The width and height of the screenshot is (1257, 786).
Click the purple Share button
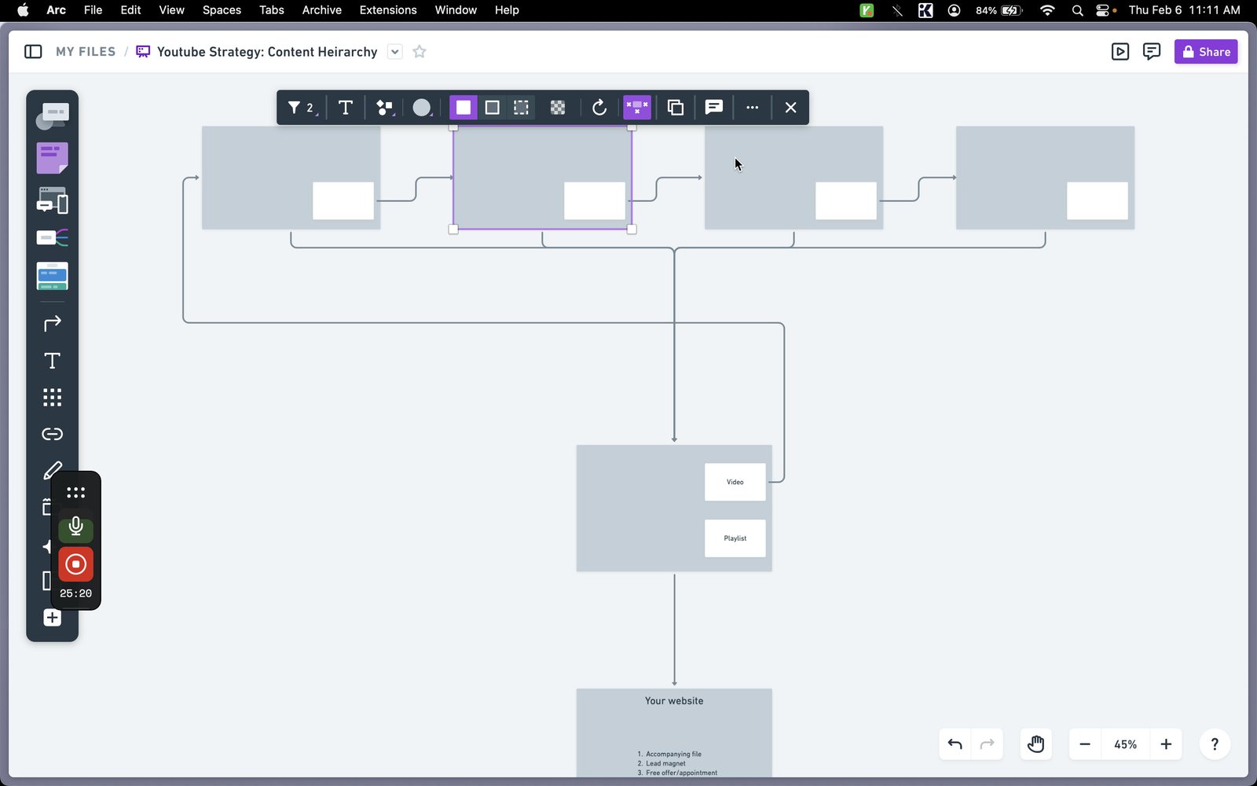[1205, 52]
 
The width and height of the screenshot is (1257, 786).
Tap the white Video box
[735, 482]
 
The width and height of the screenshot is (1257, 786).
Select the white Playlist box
[735, 538]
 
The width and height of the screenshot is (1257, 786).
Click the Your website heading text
[673, 700]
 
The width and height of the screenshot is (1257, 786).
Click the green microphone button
[75, 527]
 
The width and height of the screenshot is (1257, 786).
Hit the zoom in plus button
[1166, 744]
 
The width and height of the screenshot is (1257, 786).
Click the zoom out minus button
[1085, 744]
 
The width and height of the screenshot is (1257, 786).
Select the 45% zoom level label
[1125, 744]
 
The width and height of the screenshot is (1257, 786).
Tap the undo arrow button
[955, 744]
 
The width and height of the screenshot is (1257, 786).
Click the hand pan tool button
[1035, 744]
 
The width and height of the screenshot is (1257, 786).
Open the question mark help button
[1215, 744]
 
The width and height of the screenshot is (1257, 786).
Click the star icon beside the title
[420, 52]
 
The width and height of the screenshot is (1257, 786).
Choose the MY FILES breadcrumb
[86, 52]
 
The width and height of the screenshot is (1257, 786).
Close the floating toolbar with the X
[790, 107]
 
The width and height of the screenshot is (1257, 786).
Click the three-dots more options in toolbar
[752, 107]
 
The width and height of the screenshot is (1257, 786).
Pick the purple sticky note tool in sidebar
[52, 158]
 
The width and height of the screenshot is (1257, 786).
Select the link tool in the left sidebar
[52, 434]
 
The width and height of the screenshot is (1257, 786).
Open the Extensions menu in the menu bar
[388, 10]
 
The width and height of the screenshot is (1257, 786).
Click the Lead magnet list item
[665, 763]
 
